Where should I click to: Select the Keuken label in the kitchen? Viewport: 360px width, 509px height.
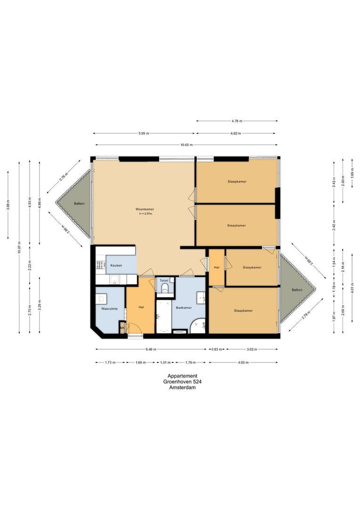(116, 265)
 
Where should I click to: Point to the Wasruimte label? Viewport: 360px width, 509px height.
(109, 309)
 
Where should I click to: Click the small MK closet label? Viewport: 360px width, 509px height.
(122, 328)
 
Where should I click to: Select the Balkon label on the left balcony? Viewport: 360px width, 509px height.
(79, 204)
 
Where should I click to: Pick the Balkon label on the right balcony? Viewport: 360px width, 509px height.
(296, 290)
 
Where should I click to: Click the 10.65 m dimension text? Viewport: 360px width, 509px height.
(186, 145)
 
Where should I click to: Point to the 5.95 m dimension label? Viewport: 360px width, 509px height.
(144, 133)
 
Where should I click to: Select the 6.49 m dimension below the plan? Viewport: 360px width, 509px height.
(151, 349)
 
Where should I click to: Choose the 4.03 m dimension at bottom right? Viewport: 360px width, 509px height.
(243, 362)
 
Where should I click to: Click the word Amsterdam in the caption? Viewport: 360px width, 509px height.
(182, 387)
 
